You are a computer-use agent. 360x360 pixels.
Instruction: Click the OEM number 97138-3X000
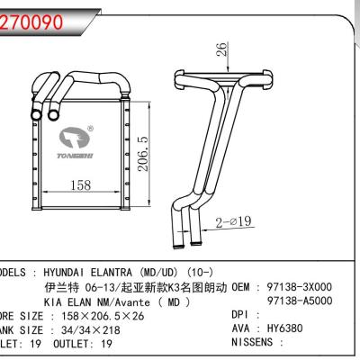click(x=300, y=287)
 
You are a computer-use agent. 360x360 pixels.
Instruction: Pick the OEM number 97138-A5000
click(x=300, y=303)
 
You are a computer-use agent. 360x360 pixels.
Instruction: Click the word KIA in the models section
click(x=54, y=303)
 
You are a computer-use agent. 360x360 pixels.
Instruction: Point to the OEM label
click(x=244, y=287)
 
